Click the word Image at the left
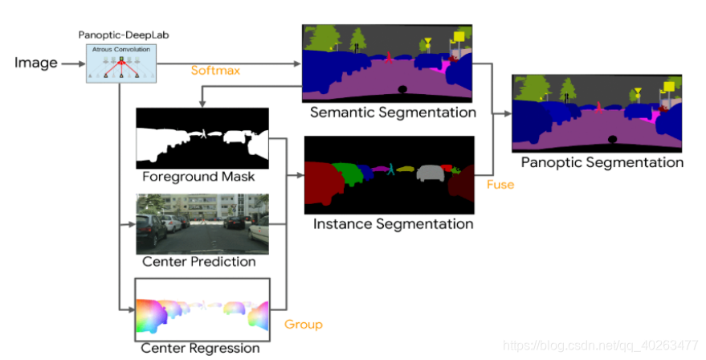(x=35, y=62)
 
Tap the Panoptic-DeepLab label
(x=124, y=35)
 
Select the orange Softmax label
(x=215, y=70)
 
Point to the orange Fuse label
(x=500, y=184)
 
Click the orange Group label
(x=304, y=324)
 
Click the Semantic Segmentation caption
(x=393, y=112)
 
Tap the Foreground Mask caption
(x=198, y=176)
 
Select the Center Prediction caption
(x=198, y=261)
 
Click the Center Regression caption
(x=200, y=348)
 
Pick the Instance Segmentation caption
(x=394, y=223)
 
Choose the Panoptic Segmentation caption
(x=602, y=162)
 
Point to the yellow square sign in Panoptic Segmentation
(x=668, y=85)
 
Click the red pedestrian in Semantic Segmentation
(x=389, y=58)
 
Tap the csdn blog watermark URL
(x=601, y=344)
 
